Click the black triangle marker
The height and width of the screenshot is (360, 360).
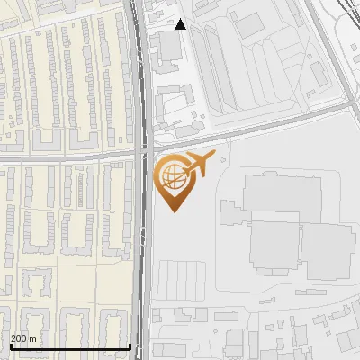coord(180,24)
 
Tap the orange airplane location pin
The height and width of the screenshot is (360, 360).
coord(174,181)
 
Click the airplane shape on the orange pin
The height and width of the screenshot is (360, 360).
coord(198,164)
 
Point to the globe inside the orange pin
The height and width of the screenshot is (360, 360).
coord(171,176)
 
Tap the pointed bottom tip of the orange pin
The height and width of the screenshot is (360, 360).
coord(174,211)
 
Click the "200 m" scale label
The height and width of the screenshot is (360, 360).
coord(24,338)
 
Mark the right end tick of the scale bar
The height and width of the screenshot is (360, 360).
coord(130,346)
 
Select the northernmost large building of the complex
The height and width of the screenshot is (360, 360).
coord(282,194)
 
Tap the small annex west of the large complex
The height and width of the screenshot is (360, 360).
coord(226,213)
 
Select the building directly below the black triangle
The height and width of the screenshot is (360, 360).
coord(169,49)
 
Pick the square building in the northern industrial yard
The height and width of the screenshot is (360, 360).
coord(249,26)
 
